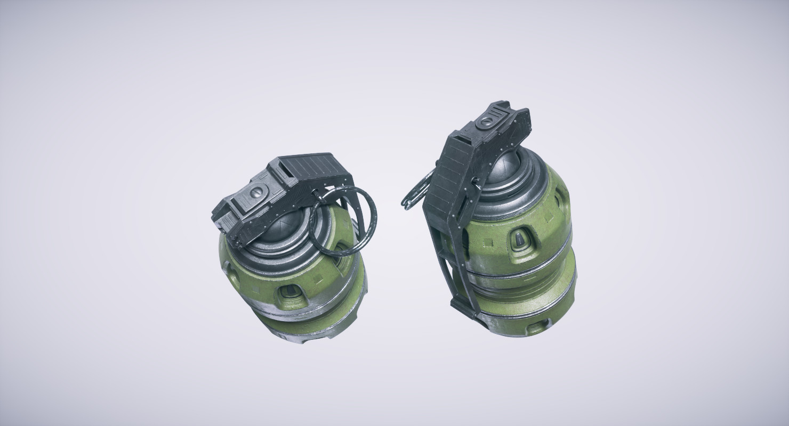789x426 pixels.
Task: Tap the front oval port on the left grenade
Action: pyautogui.click(x=290, y=290)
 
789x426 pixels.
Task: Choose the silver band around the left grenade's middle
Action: pyautogui.click(x=299, y=314)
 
